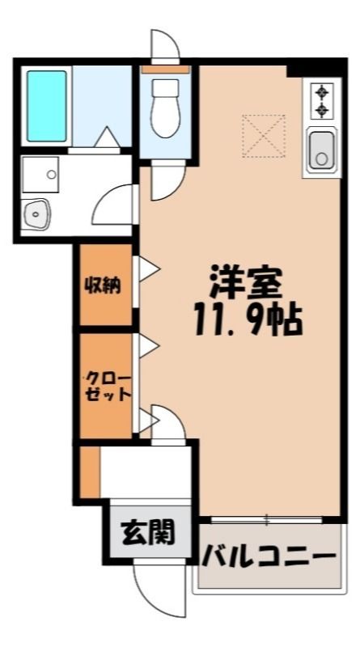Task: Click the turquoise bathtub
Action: (47, 106)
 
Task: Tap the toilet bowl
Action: (165, 108)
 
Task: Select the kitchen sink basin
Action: (322, 150)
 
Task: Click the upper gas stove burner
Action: (322, 92)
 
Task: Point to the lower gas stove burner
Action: (322, 110)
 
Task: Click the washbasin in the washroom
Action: (36, 214)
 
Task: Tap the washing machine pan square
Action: (40, 175)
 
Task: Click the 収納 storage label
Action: (103, 285)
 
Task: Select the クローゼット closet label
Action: (108, 387)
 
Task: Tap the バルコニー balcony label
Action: (269, 559)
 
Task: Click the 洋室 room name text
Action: (246, 282)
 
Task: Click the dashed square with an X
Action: (264, 136)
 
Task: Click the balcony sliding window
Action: (267, 519)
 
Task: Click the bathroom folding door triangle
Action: (108, 137)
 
